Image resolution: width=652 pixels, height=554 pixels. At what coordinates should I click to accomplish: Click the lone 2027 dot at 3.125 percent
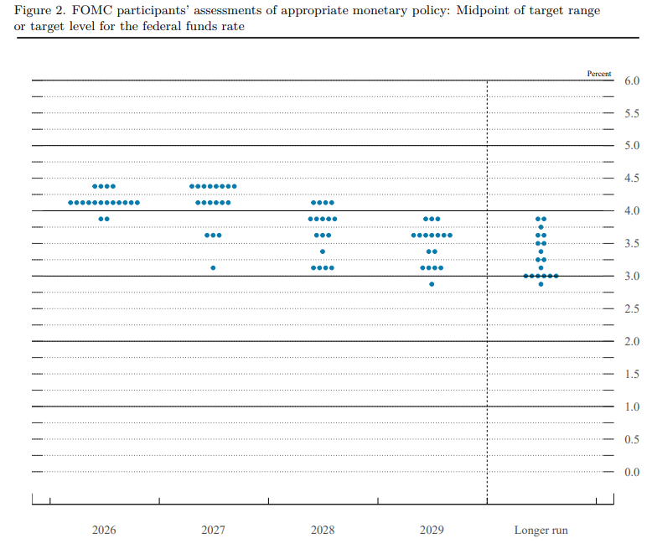(213, 268)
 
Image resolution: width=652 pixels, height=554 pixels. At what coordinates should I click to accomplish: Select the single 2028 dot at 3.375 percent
(323, 251)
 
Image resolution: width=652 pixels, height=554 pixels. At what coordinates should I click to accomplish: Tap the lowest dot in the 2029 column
(432, 284)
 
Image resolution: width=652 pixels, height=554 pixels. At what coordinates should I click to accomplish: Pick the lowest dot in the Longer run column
(541, 284)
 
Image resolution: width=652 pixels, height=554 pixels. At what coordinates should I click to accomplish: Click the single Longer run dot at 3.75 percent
(541, 227)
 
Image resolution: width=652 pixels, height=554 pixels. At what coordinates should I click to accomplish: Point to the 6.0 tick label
(632, 80)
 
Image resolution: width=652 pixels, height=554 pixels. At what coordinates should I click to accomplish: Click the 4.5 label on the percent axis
(632, 178)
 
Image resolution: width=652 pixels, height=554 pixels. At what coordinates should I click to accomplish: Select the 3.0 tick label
(632, 277)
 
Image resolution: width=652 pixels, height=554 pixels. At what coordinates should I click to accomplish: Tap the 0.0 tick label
(632, 472)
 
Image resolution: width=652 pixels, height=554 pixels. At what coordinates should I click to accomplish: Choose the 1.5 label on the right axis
(632, 375)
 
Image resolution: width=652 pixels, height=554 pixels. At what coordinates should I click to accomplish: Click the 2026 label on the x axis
(104, 530)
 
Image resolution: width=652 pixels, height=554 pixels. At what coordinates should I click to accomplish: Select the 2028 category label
(323, 530)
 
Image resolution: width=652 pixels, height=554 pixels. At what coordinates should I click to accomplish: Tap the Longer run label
(541, 531)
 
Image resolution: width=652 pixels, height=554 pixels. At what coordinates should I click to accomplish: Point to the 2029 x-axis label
(432, 530)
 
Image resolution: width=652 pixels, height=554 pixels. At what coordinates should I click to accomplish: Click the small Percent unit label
(599, 74)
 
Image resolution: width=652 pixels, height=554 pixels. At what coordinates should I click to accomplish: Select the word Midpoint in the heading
(481, 10)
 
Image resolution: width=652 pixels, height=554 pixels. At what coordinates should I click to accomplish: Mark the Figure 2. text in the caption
(39, 10)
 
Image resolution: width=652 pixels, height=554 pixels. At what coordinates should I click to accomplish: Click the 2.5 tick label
(632, 308)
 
